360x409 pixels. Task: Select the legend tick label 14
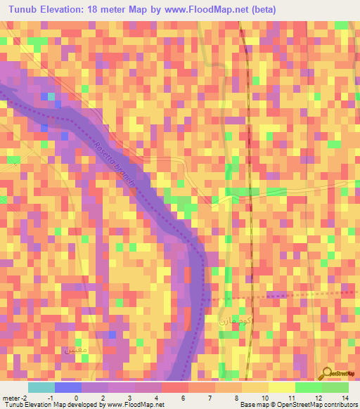pyautogui.click(x=345, y=397)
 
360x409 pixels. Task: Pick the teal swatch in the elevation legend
pyautogui.click(x=41, y=387)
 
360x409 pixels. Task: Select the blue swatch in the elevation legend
pyautogui.click(x=68, y=387)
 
